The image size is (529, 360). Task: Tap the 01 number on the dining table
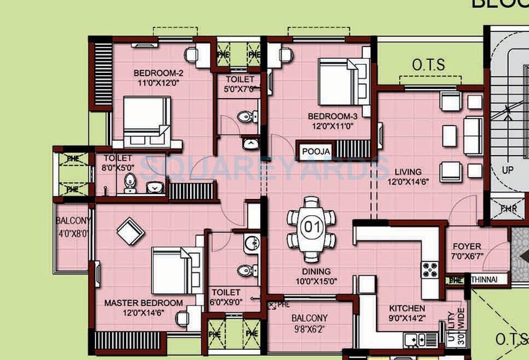point(311,226)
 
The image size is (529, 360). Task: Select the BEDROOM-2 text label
point(158,73)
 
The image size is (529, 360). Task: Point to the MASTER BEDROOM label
point(144,303)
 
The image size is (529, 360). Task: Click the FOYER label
point(467,247)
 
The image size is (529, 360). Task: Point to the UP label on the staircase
point(508,170)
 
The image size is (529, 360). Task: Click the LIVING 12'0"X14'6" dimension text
point(405,182)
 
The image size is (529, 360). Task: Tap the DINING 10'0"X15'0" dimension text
point(316,281)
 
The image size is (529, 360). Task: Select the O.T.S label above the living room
point(429,65)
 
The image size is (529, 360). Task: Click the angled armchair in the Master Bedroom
point(131,231)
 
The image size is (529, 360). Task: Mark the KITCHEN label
point(407,308)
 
